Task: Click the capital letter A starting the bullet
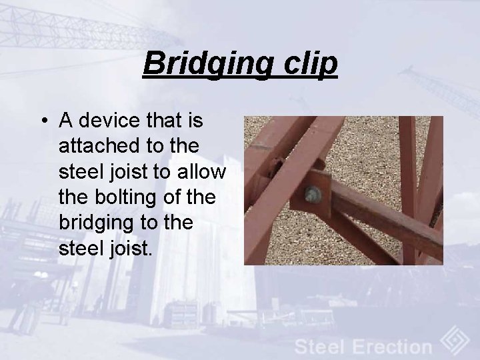(66, 121)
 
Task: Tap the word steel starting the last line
(79, 249)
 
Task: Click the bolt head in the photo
(313, 195)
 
